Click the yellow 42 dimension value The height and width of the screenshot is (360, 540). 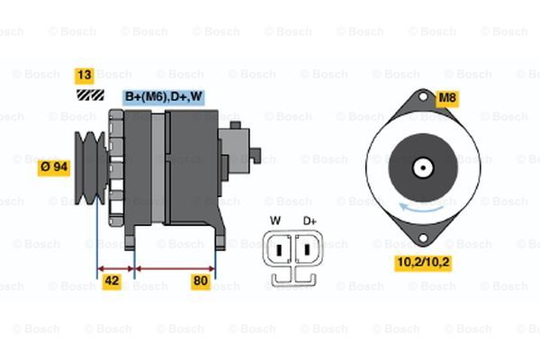pos(112,281)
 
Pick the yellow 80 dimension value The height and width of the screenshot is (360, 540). pos(201,281)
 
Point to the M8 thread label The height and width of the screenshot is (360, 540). pos(446,96)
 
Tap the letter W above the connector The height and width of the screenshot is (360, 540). pos(275,220)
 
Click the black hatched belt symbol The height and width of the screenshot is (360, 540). pos(86,94)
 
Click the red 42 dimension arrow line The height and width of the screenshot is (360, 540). pos(115,267)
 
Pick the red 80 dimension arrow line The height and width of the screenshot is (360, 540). pos(175,267)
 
